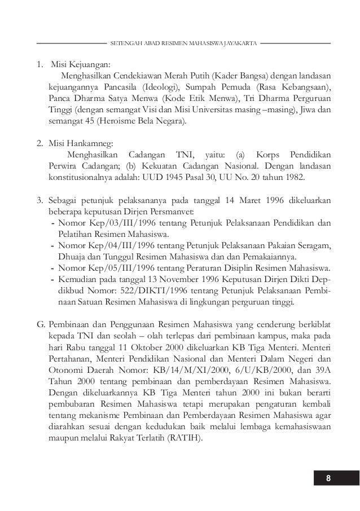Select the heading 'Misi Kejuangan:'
click(81, 64)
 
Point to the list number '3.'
click(41, 201)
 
